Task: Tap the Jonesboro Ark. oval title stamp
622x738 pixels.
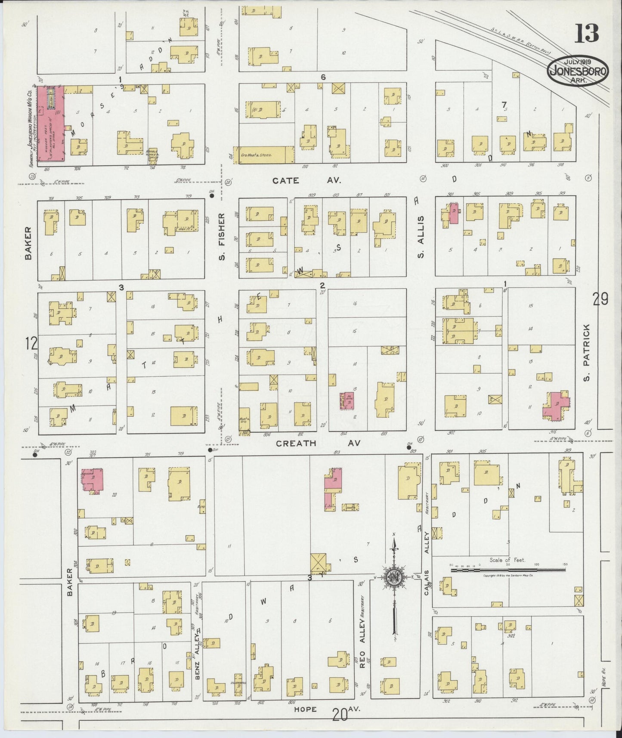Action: pos(579,71)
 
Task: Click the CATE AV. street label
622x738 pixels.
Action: pos(306,181)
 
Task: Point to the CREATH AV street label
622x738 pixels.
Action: pos(318,443)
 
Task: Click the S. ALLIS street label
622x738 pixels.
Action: pos(421,236)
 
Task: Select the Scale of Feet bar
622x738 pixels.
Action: pos(508,570)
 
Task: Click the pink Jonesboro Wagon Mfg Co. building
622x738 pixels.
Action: pos(51,124)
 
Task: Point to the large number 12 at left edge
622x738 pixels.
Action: pos(31,344)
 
